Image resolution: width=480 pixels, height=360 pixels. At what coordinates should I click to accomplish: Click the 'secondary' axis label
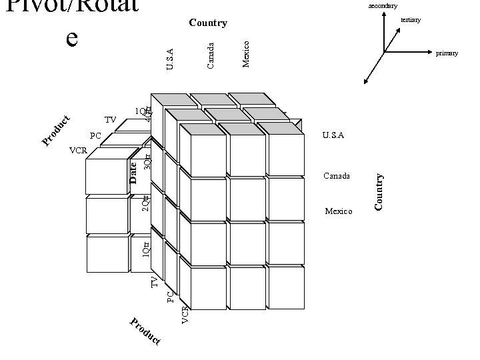pyautogui.click(x=383, y=5)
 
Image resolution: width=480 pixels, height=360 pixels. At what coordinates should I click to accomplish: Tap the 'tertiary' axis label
pyautogui.click(x=411, y=20)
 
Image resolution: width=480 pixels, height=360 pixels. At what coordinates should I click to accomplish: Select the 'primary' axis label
pyautogui.click(x=447, y=53)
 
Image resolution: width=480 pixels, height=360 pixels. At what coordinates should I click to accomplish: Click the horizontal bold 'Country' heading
pyautogui.click(x=208, y=23)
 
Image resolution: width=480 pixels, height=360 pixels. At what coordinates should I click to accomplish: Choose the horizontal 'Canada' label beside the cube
pyautogui.click(x=337, y=176)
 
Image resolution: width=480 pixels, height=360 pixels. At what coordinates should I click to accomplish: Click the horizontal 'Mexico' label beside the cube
pyautogui.click(x=338, y=211)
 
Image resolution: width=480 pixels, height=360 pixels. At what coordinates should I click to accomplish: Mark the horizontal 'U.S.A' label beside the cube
pyautogui.click(x=333, y=135)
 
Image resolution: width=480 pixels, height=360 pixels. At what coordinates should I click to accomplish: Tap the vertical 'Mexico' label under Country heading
pyautogui.click(x=246, y=53)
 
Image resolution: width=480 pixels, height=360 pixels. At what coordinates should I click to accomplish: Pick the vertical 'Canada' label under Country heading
pyautogui.click(x=211, y=55)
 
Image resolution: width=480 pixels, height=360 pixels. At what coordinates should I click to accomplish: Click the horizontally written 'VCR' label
pyautogui.click(x=78, y=151)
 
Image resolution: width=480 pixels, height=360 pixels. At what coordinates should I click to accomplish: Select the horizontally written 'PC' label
pyautogui.click(x=95, y=136)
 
